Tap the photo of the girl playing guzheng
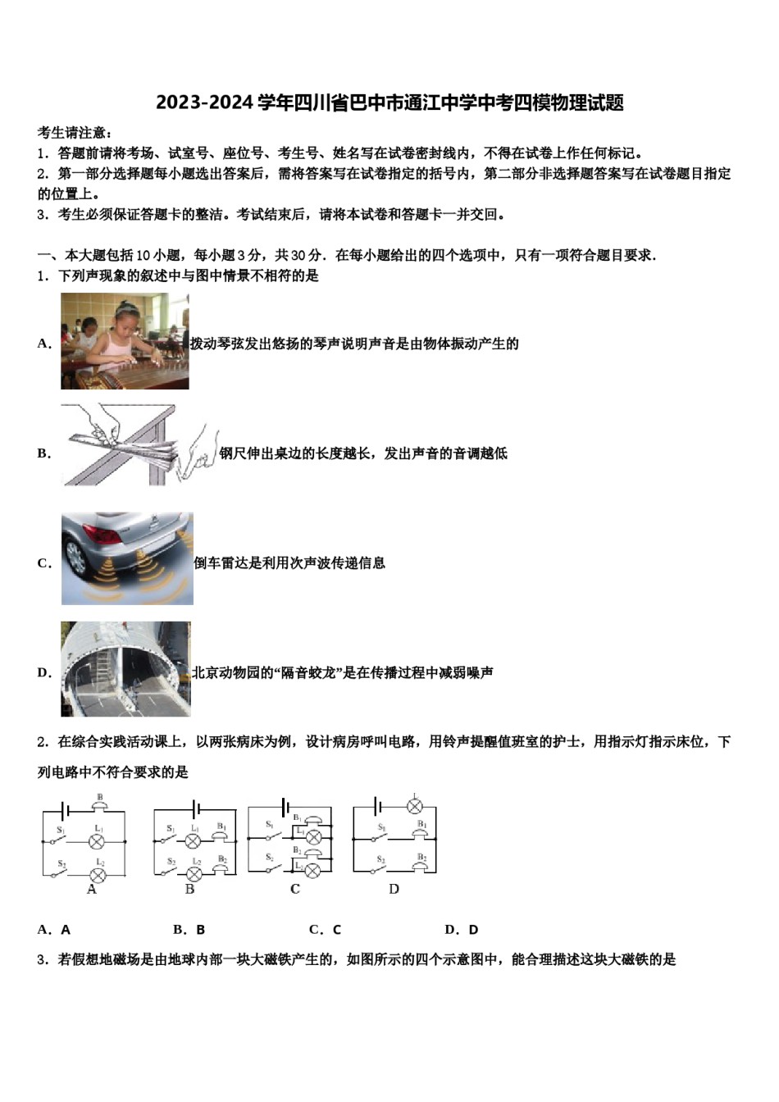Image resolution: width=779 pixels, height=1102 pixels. click(x=125, y=341)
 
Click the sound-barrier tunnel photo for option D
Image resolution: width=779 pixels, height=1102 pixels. click(x=125, y=668)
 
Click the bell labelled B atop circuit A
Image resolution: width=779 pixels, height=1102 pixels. click(x=99, y=806)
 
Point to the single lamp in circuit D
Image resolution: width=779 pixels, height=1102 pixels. click(x=414, y=806)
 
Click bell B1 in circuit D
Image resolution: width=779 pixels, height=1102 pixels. click(x=420, y=834)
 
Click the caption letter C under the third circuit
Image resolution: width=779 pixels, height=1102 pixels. click(x=295, y=889)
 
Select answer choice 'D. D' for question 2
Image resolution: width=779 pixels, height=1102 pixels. click(x=461, y=929)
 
